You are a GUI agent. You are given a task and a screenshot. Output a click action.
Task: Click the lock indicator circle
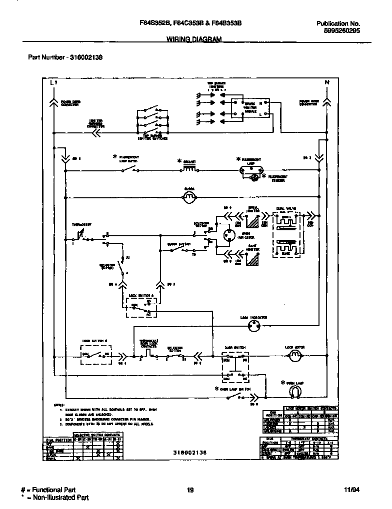pos(253,326)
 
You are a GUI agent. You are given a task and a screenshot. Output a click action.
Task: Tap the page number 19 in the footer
pos(190,490)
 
